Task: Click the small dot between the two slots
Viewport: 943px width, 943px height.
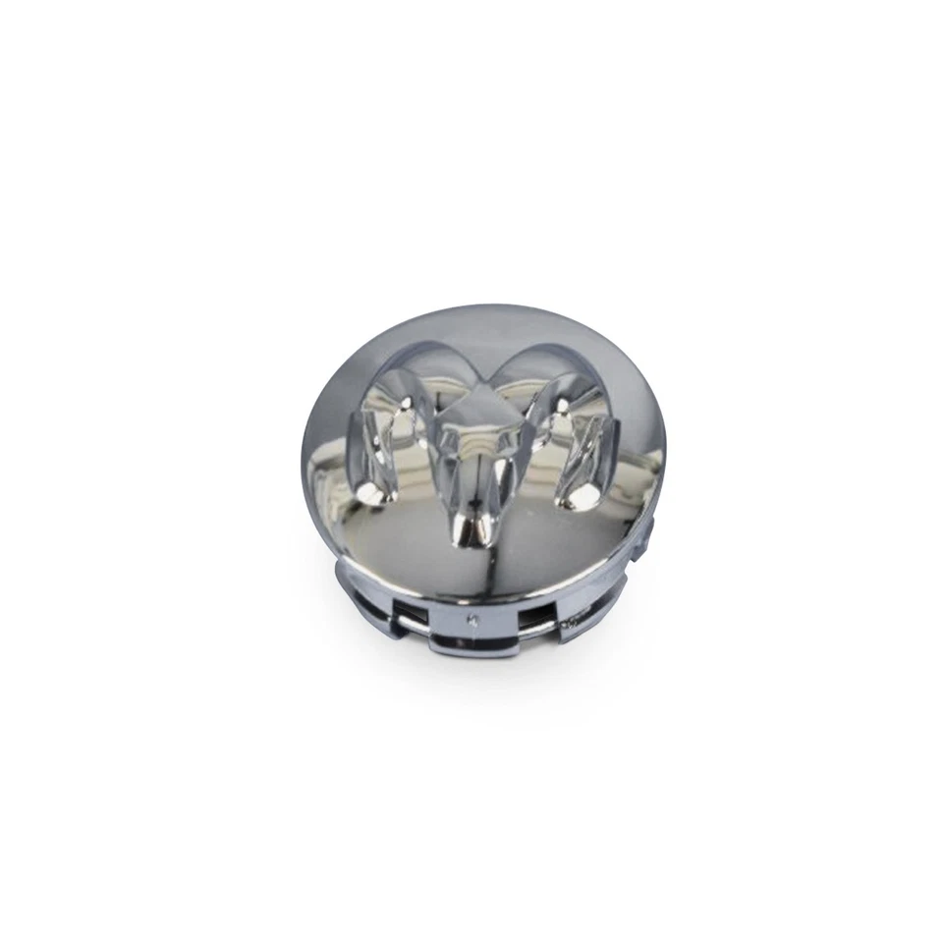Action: coord(474,619)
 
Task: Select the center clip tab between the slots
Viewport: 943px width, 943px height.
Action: coord(475,629)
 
